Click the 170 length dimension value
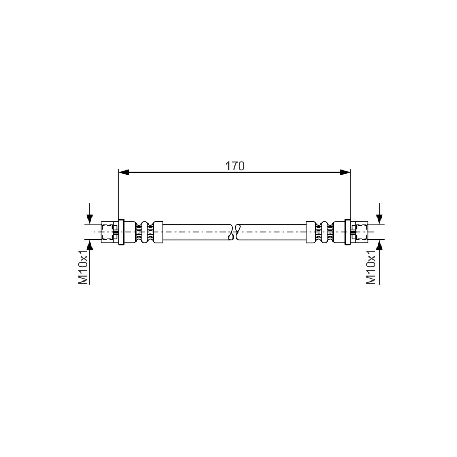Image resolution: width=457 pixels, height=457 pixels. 235,166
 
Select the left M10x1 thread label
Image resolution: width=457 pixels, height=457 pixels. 83,266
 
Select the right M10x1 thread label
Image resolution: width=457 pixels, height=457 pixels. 371,266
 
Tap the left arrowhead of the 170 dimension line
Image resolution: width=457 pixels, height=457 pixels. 123,173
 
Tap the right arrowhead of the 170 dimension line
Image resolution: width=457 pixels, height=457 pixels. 345,173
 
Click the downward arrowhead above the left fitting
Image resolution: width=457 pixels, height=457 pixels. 90,219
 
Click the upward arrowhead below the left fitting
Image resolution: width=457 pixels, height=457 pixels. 90,245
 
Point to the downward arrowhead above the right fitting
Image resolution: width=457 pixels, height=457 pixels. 379,219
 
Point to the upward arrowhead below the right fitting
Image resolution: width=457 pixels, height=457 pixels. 379,245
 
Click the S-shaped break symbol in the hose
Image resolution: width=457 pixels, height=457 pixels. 234,232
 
